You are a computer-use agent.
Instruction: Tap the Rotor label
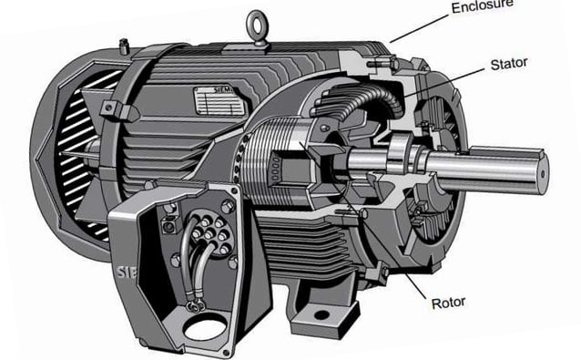point(448,301)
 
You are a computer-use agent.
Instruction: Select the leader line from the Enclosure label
point(422,26)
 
